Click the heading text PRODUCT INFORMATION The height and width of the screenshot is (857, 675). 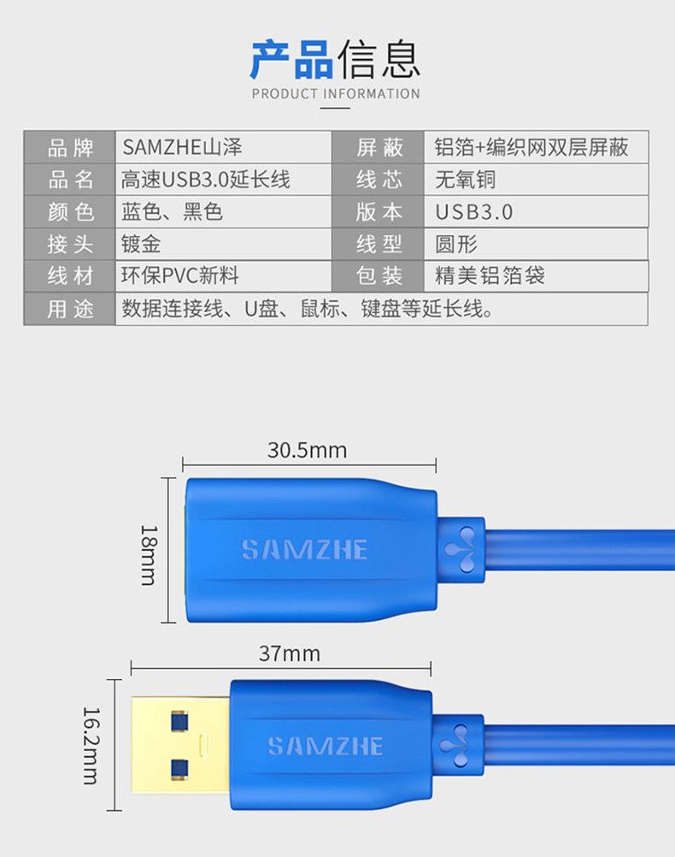(336, 93)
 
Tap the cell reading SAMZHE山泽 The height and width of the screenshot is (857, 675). (188, 147)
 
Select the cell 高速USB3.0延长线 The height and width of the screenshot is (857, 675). (206, 180)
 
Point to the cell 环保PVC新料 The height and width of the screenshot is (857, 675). (180, 276)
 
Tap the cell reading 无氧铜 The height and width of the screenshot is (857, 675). (466, 180)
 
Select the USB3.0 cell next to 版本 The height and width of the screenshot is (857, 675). (474, 212)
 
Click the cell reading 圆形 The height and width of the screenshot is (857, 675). (456, 245)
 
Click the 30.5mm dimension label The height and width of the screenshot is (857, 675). (307, 450)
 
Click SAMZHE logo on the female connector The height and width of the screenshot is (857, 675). (304, 549)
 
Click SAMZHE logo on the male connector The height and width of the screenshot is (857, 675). (326, 745)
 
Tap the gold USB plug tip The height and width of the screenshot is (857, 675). (179, 744)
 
